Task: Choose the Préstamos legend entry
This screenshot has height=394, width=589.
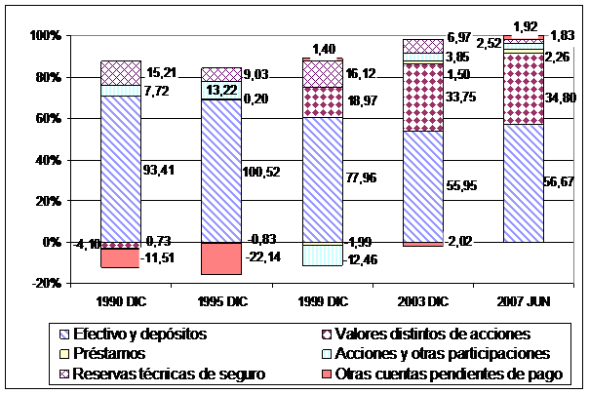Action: pos(111,353)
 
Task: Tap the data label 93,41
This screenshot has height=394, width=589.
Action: pos(163,173)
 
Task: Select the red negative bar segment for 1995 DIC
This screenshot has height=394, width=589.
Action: pos(221,258)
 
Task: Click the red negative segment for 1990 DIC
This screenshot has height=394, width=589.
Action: pos(121,258)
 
